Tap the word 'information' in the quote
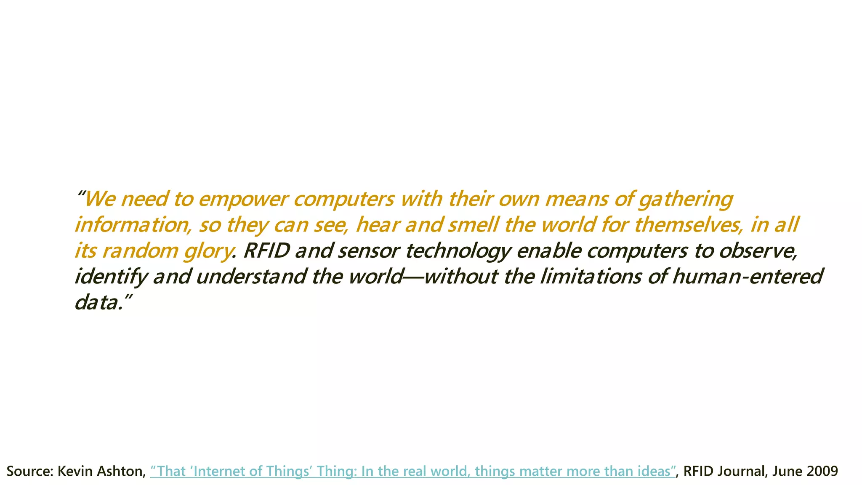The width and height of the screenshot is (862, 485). click(x=131, y=225)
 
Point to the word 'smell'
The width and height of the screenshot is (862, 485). click(x=473, y=225)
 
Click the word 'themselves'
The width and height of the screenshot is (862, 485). click(x=688, y=225)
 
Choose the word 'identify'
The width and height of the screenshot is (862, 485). click(x=111, y=277)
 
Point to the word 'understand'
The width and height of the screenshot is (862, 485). click(x=251, y=277)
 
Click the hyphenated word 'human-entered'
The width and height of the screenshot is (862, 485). click(x=747, y=277)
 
